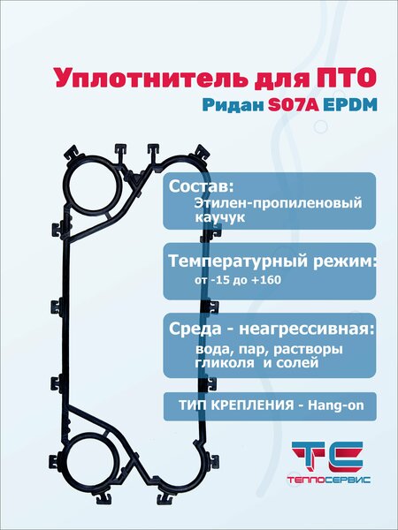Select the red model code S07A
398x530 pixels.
[294, 106]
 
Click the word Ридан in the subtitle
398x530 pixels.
[233, 106]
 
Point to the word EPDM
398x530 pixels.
[350, 106]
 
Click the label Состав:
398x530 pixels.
[202, 186]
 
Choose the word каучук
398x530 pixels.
[219, 217]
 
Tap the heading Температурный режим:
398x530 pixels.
[272, 261]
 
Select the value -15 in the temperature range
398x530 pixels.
[220, 281]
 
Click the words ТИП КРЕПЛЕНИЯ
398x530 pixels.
[236, 405]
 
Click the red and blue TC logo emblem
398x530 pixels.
[327, 457]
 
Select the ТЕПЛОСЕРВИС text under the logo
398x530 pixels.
[329, 480]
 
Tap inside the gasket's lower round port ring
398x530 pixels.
[91, 462]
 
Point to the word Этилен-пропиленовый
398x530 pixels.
[279, 204]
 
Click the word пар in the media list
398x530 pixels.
[252, 350]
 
